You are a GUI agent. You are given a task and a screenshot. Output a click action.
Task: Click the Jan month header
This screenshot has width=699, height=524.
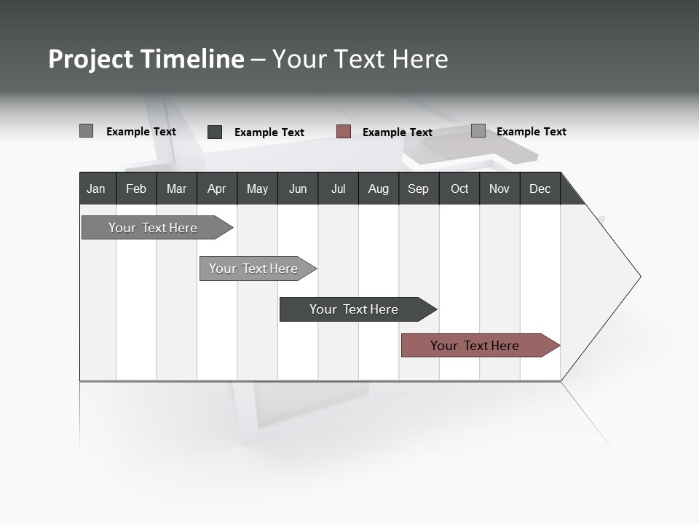tap(96, 188)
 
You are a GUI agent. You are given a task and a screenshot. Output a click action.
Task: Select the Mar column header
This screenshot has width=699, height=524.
tap(176, 188)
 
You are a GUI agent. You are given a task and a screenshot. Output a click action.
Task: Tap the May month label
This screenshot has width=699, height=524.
tap(257, 188)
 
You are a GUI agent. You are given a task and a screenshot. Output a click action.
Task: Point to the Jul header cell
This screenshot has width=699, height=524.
tap(338, 188)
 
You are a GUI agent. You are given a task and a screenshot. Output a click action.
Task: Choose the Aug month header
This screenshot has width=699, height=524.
tap(378, 188)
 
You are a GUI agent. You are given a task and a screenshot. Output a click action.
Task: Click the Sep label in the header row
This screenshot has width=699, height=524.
tap(418, 188)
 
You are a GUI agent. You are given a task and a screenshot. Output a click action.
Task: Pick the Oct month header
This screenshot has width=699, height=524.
tap(459, 188)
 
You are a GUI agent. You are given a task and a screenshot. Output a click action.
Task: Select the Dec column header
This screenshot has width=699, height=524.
tap(540, 188)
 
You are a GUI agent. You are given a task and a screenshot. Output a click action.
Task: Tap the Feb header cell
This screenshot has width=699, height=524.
tap(136, 188)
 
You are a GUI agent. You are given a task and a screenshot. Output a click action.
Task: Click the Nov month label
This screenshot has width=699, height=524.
tap(499, 188)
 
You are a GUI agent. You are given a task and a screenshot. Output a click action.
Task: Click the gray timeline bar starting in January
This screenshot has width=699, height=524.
tap(153, 228)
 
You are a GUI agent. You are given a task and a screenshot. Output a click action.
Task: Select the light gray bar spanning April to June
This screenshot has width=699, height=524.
tap(253, 269)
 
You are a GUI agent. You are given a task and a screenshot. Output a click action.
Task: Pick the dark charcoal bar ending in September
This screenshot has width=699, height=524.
tap(354, 309)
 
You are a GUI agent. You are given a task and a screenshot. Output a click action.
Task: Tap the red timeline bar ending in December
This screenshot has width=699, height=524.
tap(475, 346)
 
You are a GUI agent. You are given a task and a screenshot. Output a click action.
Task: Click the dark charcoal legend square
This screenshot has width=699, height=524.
tap(215, 132)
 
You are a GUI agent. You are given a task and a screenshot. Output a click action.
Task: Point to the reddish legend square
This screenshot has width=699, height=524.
tap(344, 132)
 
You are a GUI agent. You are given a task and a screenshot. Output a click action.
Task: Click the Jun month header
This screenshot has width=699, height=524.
tap(298, 188)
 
